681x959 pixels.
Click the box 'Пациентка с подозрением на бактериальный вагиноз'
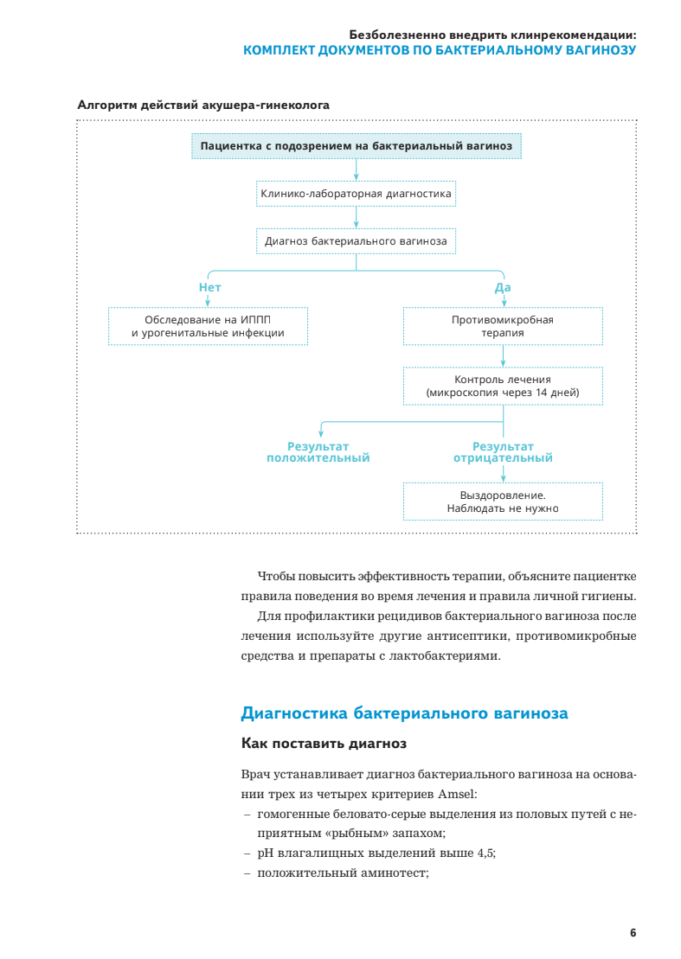click(x=356, y=146)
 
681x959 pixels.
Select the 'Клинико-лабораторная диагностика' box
click(x=356, y=194)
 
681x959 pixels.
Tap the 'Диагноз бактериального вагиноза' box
click(x=356, y=240)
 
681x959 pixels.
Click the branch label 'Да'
click(x=502, y=287)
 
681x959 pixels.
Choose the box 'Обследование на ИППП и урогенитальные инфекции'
click(x=208, y=326)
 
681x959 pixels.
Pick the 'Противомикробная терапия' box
click(x=502, y=326)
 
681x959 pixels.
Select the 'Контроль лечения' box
click(x=502, y=386)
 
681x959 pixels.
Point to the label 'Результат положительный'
click(x=318, y=451)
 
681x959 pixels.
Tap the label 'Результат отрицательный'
click(x=503, y=451)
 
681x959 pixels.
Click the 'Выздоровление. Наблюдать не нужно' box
click(x=502, y=502)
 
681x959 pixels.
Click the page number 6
click(x=633, y=932)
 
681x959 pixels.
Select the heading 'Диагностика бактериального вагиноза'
click(x=404, y=713)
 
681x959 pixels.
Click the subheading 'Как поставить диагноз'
click(x=323, y=743)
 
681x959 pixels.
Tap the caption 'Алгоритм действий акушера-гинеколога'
click(x=203, y=105)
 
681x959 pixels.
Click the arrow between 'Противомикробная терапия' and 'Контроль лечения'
click(x=503, y=355)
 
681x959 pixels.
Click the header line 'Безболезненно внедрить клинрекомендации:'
click(x=492, y=35)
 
